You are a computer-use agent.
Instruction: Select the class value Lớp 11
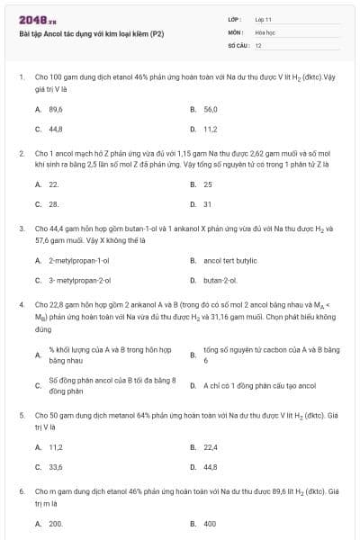tap(263, 19)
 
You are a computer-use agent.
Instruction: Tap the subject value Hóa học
tap(265, 31)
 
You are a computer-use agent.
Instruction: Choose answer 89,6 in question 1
tap(55, 109)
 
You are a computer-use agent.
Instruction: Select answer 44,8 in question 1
tap(55, 129)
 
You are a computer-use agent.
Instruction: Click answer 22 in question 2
tap(54, 184)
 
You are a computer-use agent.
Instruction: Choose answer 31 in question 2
tap(208, 204)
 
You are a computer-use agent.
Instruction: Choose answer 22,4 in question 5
tap(211, 446)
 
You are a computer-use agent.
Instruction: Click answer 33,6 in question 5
tap(55, 467)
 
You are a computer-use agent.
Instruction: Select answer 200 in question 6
tap(56, 523)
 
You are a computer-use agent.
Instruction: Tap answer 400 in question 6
tap(210, 523)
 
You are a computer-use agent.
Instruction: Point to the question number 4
tap(22, 305)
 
